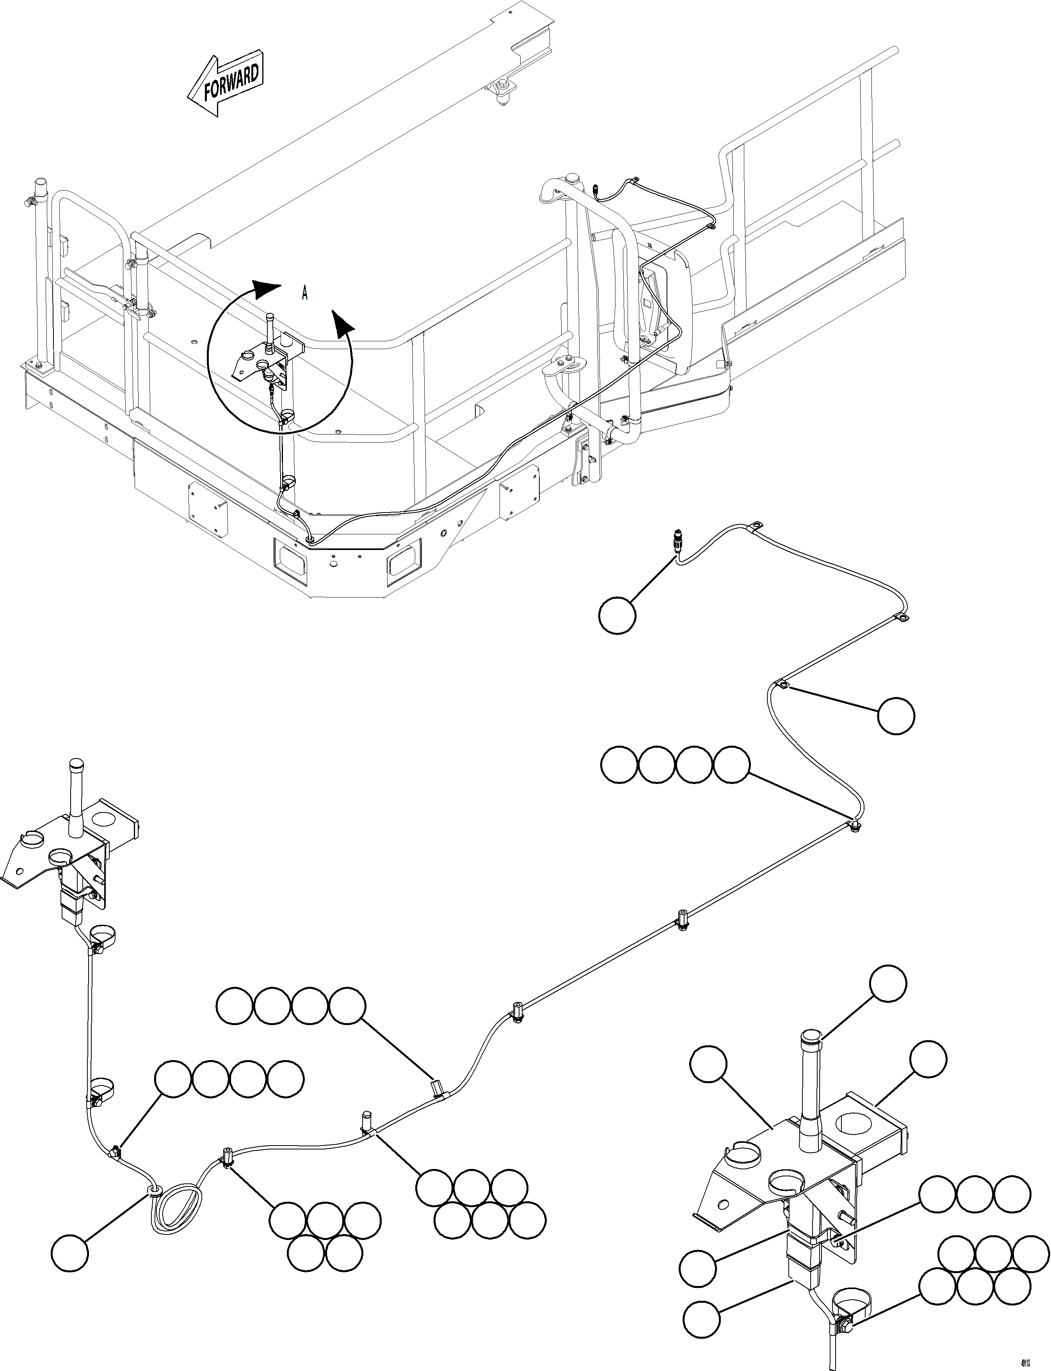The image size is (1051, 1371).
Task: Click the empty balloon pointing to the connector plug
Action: click(617, 615)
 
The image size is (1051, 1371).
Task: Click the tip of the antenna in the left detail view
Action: click(76, 764)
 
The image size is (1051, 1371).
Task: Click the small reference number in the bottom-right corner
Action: click(1026, 1359)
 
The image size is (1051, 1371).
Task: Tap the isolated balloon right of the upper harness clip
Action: click(895, 716)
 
